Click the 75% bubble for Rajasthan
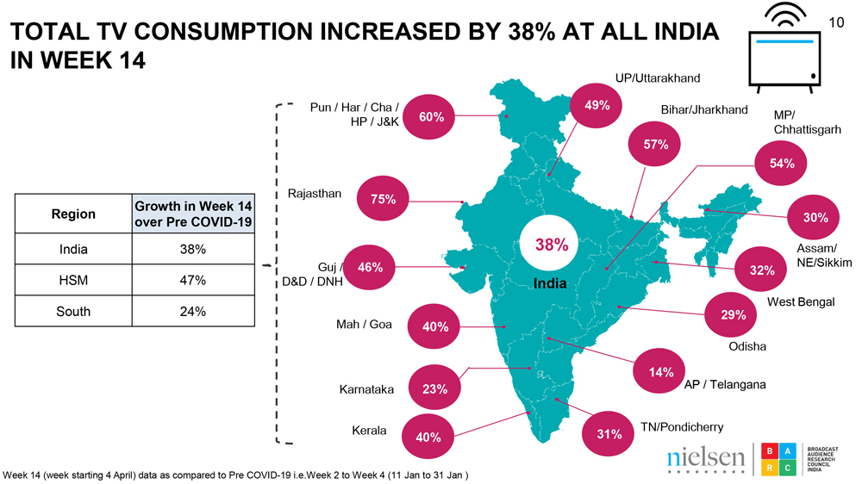point(383,200)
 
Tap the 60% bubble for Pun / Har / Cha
point(431,117)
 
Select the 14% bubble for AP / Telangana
point(662,372)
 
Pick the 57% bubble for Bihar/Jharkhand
point(656,145)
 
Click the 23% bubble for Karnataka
point(434,388)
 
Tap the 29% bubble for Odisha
point(733,315)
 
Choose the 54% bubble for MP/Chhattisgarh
point(782,164)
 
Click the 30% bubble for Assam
point(815,218)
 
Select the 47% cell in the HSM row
point(192,280)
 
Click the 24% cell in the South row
point(192,311)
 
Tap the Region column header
point(73,214)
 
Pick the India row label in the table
point(73,250)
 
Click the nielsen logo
point(705,458)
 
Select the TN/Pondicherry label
point(681,427)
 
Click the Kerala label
point(369,431)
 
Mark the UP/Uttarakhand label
point(657,78)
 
